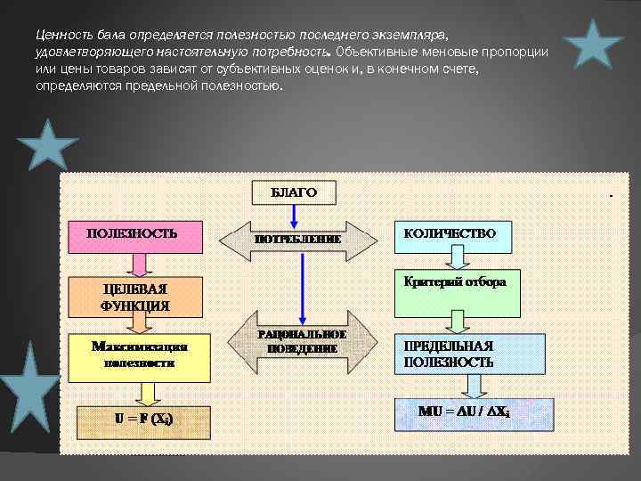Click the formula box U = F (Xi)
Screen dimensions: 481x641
143,419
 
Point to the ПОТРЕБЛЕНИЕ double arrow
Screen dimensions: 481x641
298,240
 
